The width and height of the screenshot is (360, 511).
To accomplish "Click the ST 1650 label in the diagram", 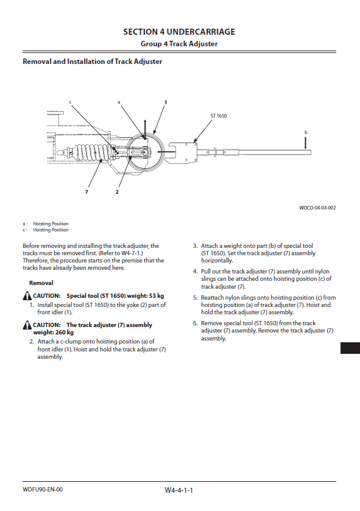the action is click(219, 116).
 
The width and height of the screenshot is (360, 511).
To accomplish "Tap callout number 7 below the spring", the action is click(86, 192).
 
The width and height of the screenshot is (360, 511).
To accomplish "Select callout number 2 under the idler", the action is click(117, 192).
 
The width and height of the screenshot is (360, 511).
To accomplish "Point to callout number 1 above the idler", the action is click(166, 102).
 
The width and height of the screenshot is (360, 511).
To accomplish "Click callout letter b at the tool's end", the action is click(306, 132).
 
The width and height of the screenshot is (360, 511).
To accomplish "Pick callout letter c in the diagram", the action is click(70, 102).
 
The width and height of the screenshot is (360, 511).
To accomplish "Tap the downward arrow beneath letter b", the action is click(306, 143).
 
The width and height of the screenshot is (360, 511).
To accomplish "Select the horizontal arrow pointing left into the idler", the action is click(166, 151).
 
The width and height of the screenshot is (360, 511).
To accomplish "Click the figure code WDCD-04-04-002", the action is click(317, 208).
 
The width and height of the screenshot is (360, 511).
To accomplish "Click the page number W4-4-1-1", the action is click(179, 490).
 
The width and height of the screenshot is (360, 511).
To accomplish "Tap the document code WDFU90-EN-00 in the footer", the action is click(43, 490).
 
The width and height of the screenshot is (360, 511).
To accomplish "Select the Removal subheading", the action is click(41, 283).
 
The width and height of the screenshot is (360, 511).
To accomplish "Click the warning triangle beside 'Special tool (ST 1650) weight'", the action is click(27, 296).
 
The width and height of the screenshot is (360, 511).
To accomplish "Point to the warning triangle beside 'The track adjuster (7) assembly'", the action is click(27, 325).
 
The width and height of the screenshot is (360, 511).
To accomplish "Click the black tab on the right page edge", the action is click(350, 348).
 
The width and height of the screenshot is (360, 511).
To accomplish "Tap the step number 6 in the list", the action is click(195, 323).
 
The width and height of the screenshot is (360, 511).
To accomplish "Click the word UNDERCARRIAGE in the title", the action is click(200, 32).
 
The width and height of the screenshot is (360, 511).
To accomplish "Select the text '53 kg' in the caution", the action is click(157, 296).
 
